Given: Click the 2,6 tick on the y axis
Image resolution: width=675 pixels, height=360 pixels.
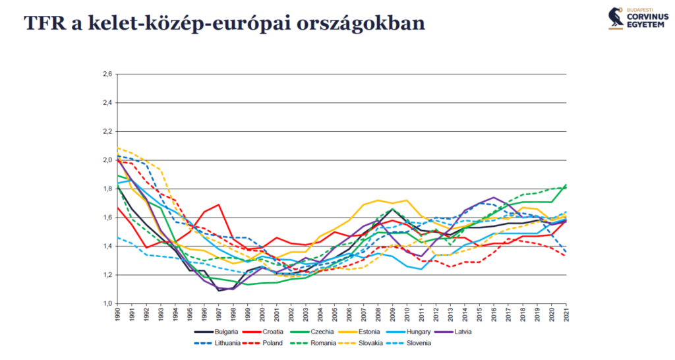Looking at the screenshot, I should [107, 74].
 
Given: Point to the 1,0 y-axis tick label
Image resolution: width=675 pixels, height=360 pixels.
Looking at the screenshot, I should [107, 303].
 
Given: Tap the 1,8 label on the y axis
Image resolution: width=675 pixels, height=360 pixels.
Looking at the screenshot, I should [107, 189].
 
